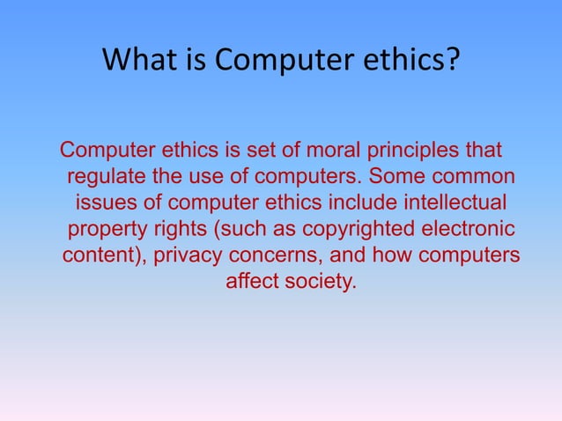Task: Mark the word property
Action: [105, 230]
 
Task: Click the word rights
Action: [179, 230]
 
